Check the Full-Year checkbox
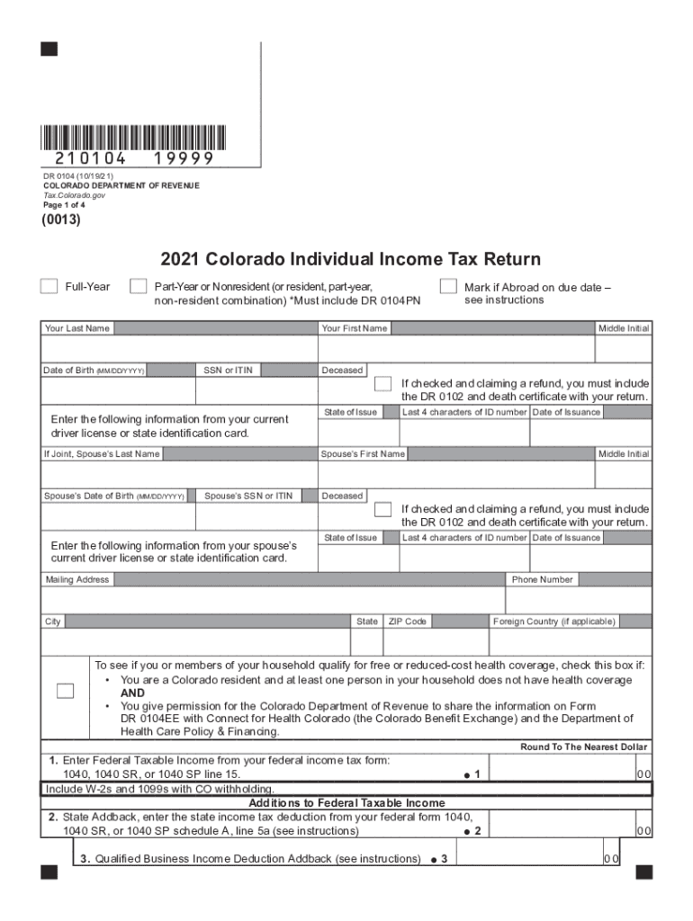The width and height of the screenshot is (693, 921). tap(49, 286)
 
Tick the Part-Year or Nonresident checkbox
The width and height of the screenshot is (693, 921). tap(138, 286)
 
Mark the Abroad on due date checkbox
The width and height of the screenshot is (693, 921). tap(447, 286)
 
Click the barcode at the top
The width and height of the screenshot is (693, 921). tap(133, 137)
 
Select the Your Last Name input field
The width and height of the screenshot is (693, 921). tap(179, 348)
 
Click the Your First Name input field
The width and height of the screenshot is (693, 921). tap(457, 348)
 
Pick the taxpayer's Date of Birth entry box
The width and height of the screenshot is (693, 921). tap(118, 390)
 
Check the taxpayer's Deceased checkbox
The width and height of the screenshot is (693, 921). tap(382, 384)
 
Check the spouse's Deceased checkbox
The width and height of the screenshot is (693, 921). tap(382, 509)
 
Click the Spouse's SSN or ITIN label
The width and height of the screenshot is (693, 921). tap(248, 496)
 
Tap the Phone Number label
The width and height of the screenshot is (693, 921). tap(542, 579)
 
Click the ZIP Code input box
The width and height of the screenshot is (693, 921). tap(435, 641)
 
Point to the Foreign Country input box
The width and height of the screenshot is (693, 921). tap(570, 641)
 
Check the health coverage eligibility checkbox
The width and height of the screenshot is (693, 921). tap(66, 691)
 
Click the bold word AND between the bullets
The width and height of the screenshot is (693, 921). tap(132, 693)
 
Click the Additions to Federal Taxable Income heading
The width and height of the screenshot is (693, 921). tap(346, 802)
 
